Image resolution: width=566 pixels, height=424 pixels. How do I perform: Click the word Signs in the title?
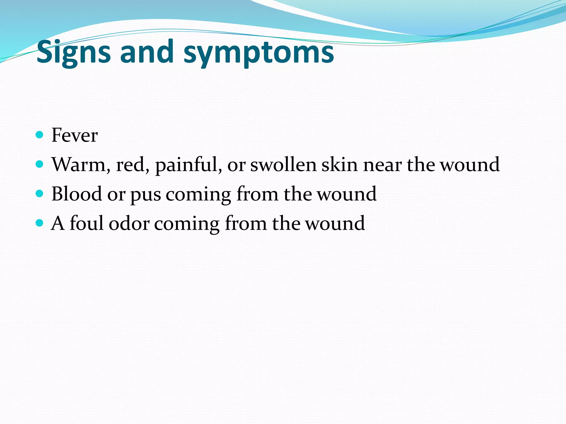tap(74, 52)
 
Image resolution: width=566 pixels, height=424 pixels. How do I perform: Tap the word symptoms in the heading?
tap(259, 52)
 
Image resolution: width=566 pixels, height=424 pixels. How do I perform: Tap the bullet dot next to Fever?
tap(40, 135)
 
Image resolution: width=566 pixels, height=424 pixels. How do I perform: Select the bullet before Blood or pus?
tap(40, 194)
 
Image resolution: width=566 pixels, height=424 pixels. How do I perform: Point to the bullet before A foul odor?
tap(40, 223)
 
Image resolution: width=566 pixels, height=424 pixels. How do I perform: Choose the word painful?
tap(188, 165)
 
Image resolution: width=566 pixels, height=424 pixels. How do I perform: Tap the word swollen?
tap(283, 165)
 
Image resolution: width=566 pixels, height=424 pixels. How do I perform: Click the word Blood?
tap(77, 194)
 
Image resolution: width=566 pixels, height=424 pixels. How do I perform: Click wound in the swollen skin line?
tap(470, 165)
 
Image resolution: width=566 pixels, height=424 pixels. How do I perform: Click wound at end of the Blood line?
tap(347, 194)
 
